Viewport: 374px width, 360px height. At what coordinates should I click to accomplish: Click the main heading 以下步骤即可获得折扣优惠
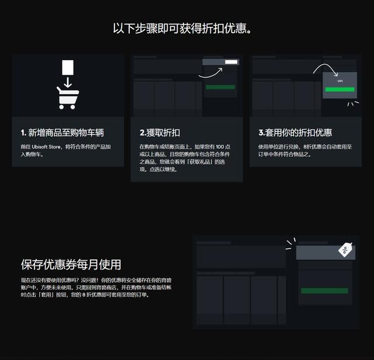(x=186, y=28)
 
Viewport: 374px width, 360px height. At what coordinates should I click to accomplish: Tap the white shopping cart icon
(x=67, y=98)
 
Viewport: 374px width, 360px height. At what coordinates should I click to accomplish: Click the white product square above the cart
(x=68, y=67)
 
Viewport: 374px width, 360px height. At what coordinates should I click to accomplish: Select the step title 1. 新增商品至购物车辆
(x=63, y=133)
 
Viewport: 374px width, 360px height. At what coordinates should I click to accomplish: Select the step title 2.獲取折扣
(x=160, y=133)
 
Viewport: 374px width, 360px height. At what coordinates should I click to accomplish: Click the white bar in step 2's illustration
(x=231, y=61)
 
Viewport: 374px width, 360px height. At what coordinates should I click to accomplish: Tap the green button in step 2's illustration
(x=220, y=87)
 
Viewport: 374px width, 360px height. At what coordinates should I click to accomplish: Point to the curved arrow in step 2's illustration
(x=210, y=72)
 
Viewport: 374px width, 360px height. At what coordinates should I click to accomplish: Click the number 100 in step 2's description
(x=220, y=146)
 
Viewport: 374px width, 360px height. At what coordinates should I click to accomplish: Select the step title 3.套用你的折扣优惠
(x=295, y=133)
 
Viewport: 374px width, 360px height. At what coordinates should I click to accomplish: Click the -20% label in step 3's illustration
(x=340, y=81)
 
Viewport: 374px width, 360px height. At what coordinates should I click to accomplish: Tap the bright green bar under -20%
(x=340, y=90)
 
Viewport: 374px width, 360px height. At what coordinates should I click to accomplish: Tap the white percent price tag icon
(x=345, y=250)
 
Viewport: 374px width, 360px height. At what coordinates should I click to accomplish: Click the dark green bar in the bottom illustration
(x=324, y=290)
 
